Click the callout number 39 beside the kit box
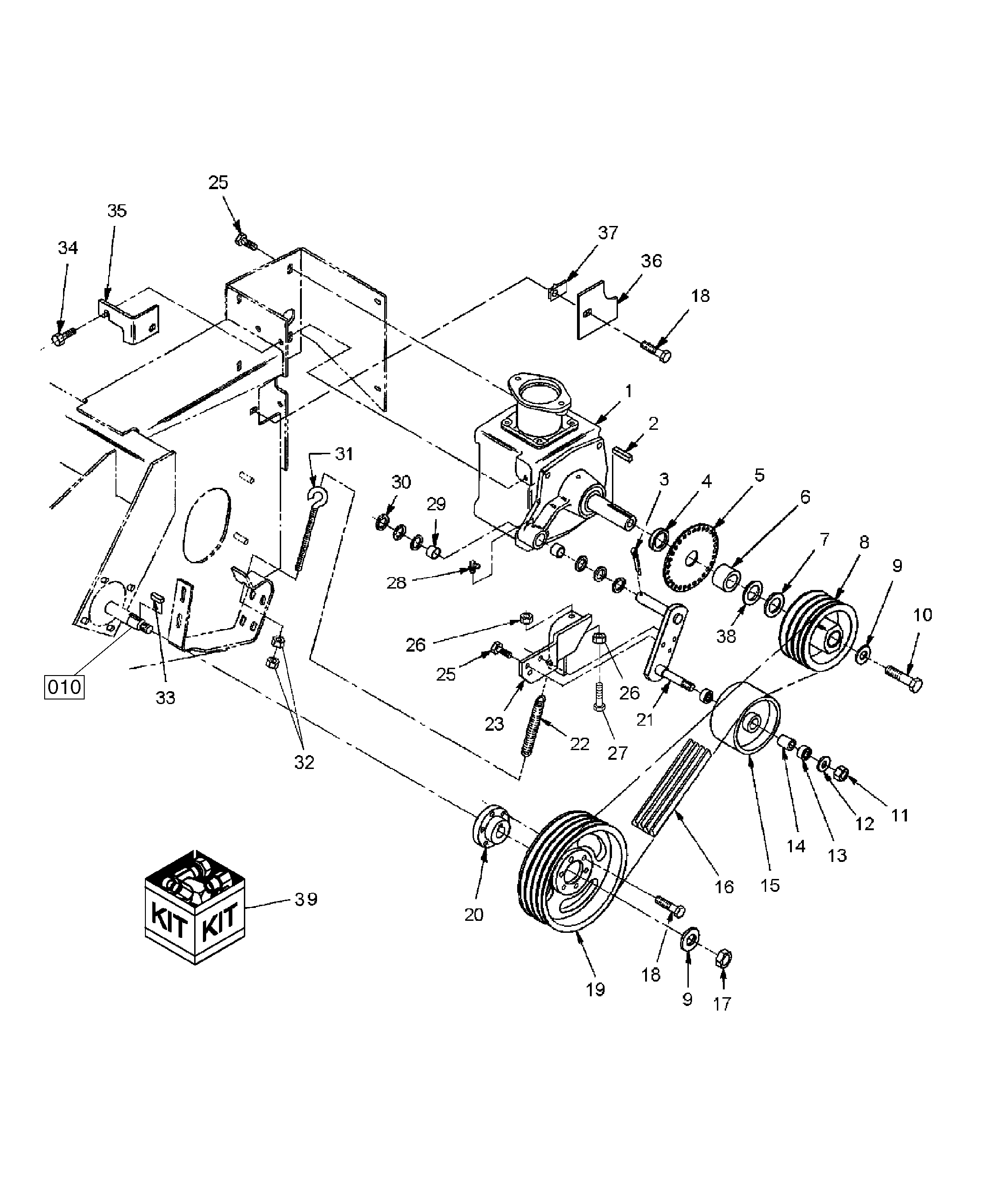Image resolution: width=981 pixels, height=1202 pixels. point(306,899)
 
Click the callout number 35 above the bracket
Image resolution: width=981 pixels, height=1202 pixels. point(117,211)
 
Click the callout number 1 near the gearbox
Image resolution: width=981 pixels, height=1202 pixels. point(629,391)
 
